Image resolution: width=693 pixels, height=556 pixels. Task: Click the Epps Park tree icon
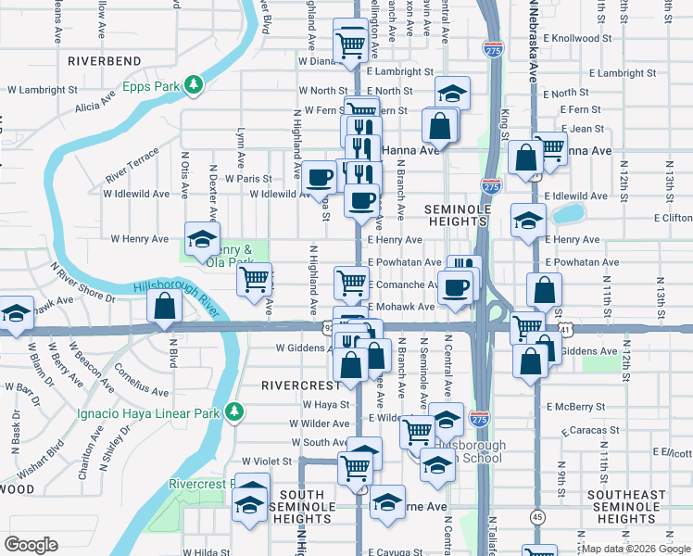pos(194,86)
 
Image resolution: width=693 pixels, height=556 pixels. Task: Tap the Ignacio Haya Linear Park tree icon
pos(235,410)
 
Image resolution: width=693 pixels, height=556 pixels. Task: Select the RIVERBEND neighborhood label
pos(104,61)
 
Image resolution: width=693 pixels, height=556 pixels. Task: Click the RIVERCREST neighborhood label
pos(301,384)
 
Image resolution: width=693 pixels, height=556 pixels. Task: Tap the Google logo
pos(31,545)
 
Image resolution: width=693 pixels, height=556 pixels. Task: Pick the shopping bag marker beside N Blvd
pos(164,308)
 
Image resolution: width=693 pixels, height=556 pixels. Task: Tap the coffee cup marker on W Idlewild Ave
pos(320,176)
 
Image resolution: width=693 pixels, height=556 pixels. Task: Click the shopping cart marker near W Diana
pos(349,43)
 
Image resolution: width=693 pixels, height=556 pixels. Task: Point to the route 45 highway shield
pos(537,516)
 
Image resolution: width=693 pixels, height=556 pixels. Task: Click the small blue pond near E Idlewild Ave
pos(568,215)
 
